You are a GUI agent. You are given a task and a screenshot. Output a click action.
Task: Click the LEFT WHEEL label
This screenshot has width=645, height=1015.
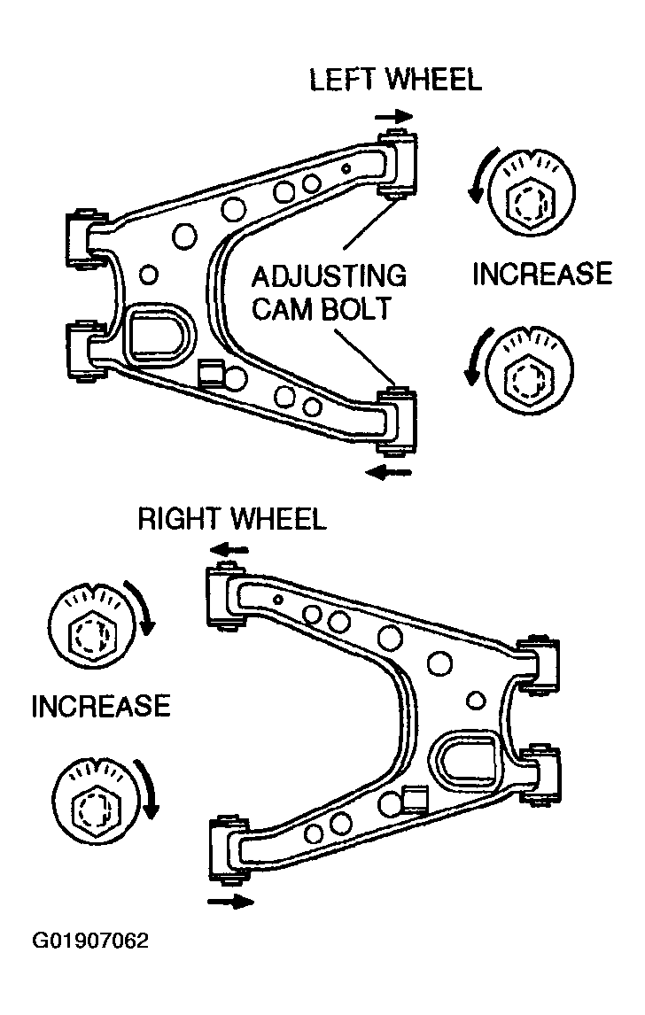[395, 80]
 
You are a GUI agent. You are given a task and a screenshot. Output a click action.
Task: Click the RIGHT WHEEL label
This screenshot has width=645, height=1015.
[232, 519]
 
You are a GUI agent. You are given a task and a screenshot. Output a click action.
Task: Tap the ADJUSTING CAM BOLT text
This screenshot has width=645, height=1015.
[329, 292]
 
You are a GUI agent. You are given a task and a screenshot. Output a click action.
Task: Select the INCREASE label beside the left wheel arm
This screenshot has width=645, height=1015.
[542, 274]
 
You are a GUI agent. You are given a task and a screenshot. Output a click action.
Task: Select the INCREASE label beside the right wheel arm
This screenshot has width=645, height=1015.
[101, 706]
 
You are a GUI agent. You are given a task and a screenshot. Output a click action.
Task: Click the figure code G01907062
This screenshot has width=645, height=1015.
[90, 941]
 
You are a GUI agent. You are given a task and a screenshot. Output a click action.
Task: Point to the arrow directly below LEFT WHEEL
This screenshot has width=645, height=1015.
[393, 117]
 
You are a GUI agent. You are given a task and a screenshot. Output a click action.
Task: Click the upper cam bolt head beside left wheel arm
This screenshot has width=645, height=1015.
[531, 192]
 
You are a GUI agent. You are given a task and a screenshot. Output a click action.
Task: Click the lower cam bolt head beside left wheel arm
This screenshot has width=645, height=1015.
[530, 370]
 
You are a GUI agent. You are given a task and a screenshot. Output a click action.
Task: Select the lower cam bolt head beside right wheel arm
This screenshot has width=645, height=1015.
[96, 798]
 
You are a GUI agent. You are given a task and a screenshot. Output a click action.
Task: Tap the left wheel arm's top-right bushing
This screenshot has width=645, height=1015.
[397, 164]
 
